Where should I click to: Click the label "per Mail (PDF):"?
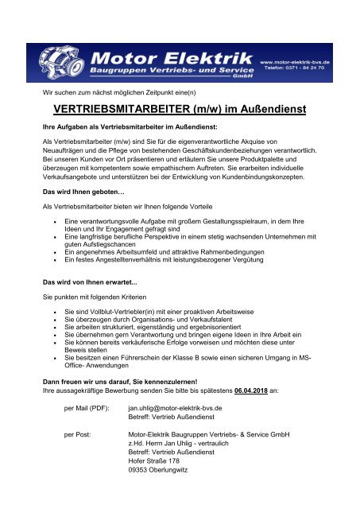click(x=87, y=407)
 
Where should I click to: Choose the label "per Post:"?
click(x=79, y=435)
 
